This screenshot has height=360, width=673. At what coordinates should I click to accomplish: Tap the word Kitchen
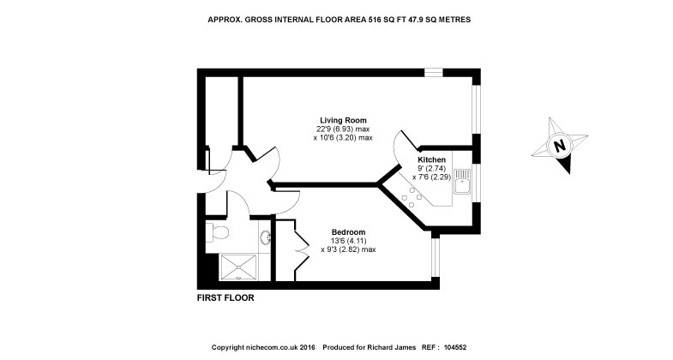431,160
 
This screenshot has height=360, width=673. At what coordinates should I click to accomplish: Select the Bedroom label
349,232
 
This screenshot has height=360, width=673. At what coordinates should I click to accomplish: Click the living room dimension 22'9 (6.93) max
346,129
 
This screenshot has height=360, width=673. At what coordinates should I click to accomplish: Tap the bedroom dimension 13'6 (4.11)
349,242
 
